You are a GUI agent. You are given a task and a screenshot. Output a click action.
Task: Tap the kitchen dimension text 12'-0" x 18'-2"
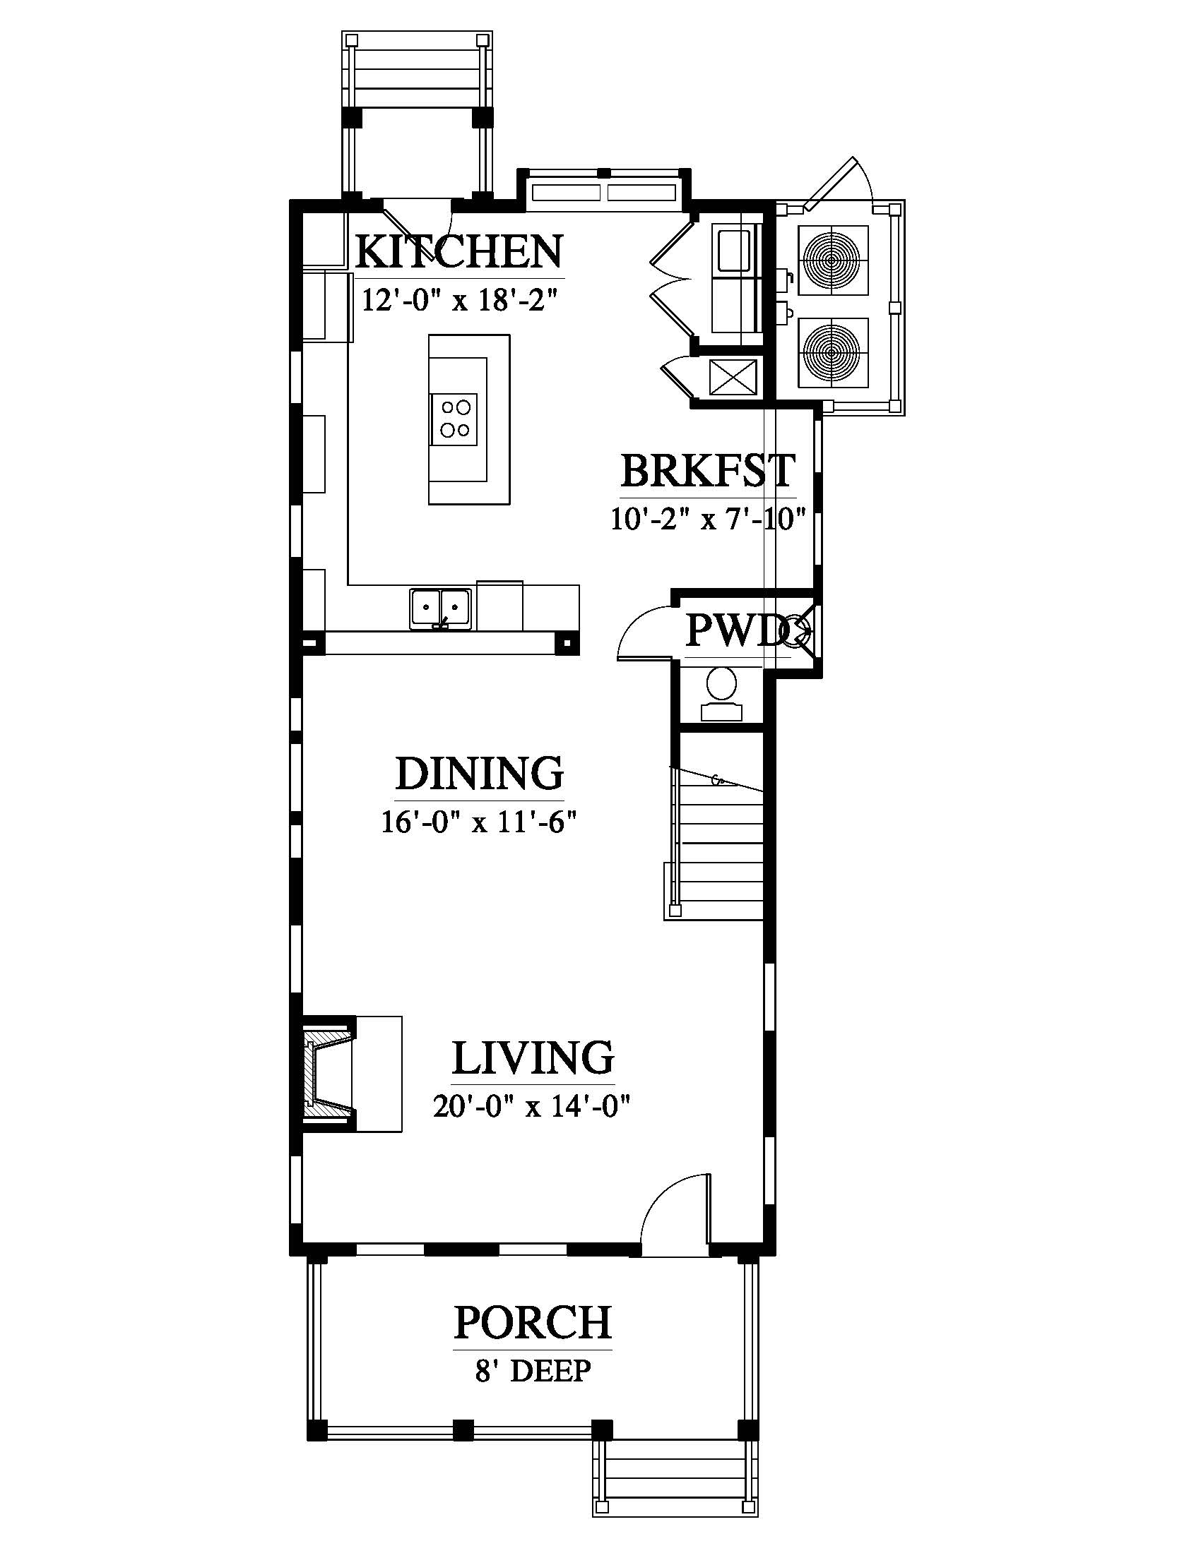(458, 299)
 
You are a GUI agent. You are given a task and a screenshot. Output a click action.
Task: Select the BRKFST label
(707, 470)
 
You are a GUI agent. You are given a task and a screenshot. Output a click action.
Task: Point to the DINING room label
(480, 773)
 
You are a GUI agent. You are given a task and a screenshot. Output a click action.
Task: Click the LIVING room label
(533, 1057)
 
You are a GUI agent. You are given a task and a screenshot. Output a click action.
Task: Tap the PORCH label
(533, 1322)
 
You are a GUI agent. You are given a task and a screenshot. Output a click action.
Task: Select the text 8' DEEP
(533, 1370)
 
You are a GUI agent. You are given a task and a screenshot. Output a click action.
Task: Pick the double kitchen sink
(440, 608)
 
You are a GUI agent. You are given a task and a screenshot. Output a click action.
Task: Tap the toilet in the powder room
(721, 695)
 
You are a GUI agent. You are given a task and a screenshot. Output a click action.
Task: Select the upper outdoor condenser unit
(833, 260)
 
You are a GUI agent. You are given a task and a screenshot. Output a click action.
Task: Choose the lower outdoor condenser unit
(833, 353)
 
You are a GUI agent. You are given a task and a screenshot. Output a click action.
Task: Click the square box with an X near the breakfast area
(733, 377)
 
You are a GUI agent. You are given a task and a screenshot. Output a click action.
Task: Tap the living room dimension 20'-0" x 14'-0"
(532, 1106)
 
